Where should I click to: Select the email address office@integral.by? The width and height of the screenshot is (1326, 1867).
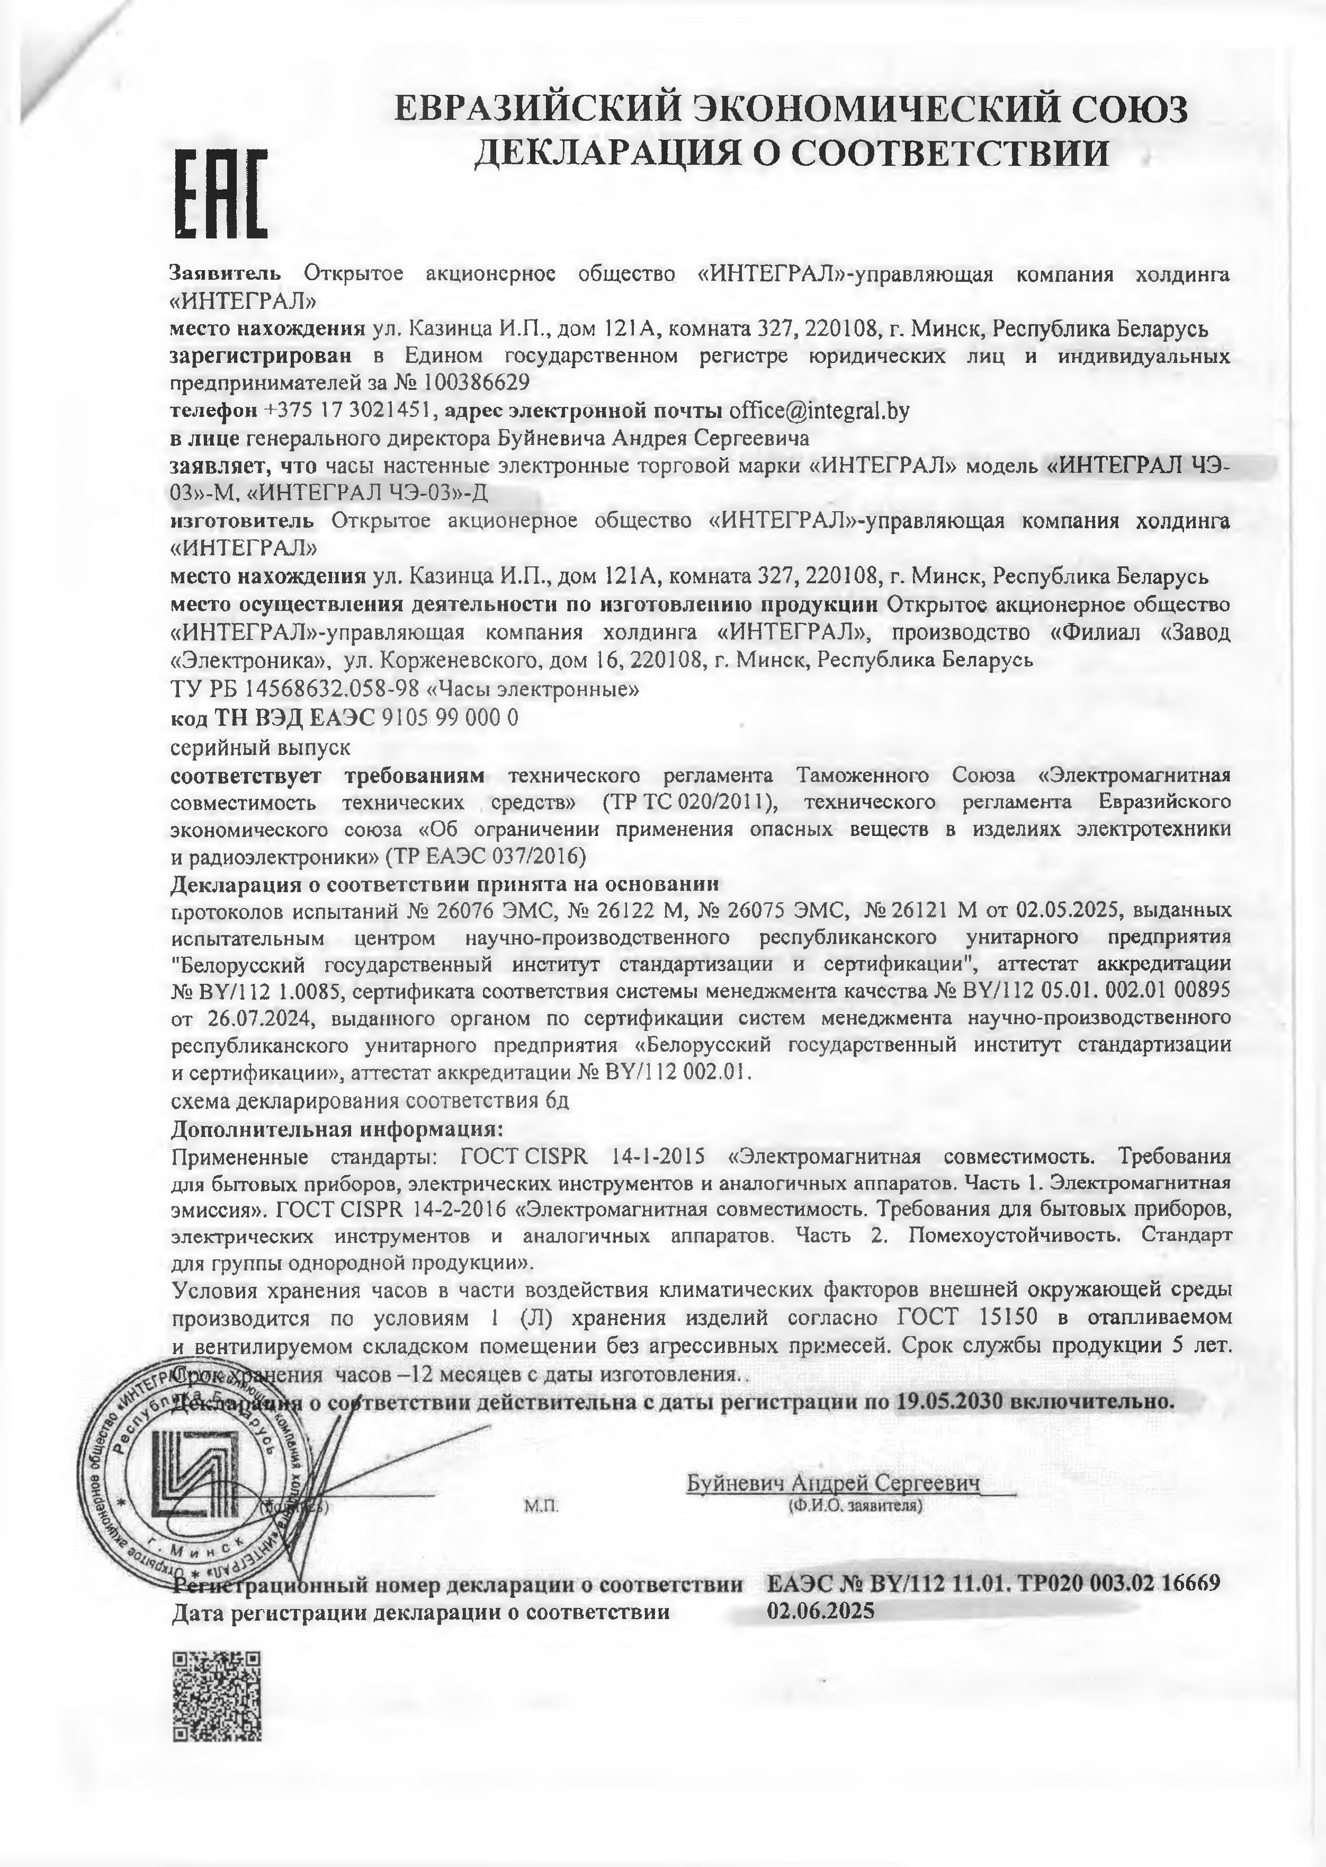[x=819, y=410]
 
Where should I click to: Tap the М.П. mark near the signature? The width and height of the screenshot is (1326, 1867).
[x=541, y=1505]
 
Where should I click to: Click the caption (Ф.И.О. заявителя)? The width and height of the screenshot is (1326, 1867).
[x=855, y=1505]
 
